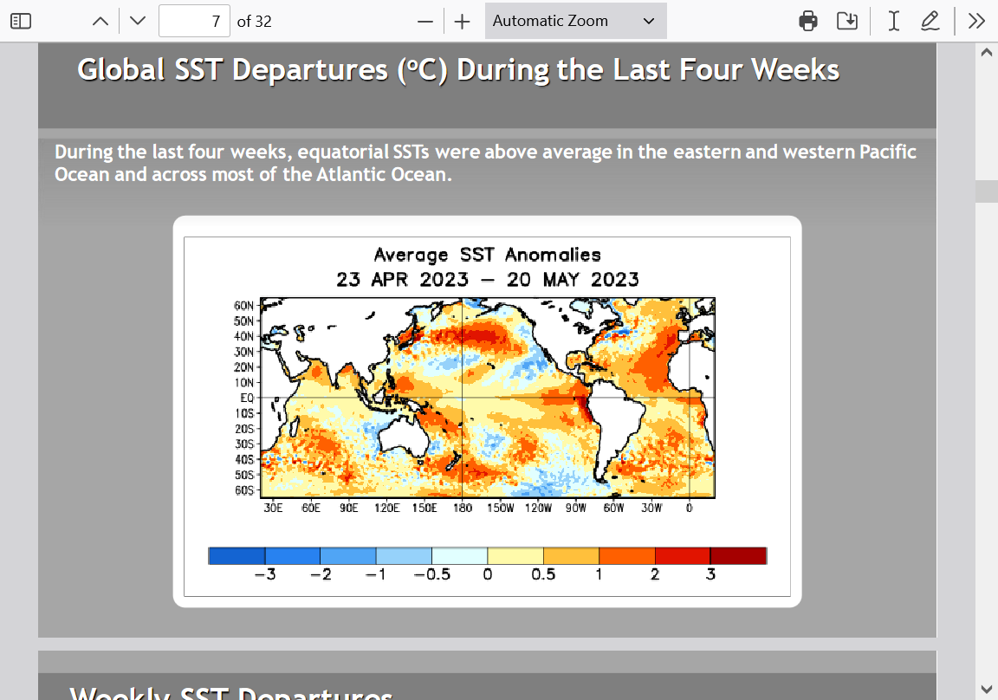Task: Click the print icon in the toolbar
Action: [x=807, y=21]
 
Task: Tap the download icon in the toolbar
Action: [x=847, y=21]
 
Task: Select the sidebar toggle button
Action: [x=21, y=21]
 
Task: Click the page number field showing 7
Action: [x=194, y=21]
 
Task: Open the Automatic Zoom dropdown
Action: [x=575, y=21]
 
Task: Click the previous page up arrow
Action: [x=100, y=21]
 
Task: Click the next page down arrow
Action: [x=138, y=21]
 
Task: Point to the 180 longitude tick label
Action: [x=463, y=508]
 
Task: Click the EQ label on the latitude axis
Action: [x=247, y=398]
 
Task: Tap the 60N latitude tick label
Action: [x=243, y=306]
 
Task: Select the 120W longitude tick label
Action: [x=539, y=508]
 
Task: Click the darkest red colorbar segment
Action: [x=738, y=555]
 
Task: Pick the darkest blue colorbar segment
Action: [x=237, y=555]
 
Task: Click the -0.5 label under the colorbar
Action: [x=432, y=574]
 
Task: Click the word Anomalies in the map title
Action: [x=553, y=256]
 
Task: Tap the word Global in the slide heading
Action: [x=121, y=70]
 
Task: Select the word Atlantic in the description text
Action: [x=350, y=174]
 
